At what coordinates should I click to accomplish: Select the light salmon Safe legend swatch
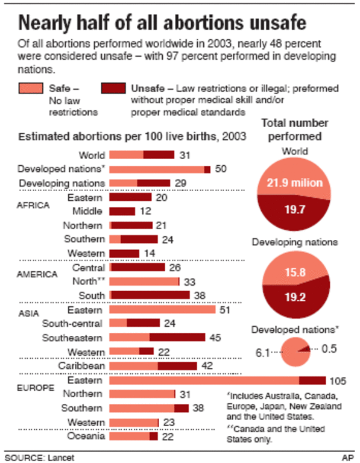[31, 89]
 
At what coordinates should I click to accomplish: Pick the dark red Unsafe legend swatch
[114, 89]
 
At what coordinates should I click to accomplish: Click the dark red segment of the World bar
[159, 155]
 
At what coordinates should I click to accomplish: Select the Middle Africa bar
[122, 211]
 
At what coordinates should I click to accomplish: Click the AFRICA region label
[33, 205]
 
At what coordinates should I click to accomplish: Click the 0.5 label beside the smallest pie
[329, 348]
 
